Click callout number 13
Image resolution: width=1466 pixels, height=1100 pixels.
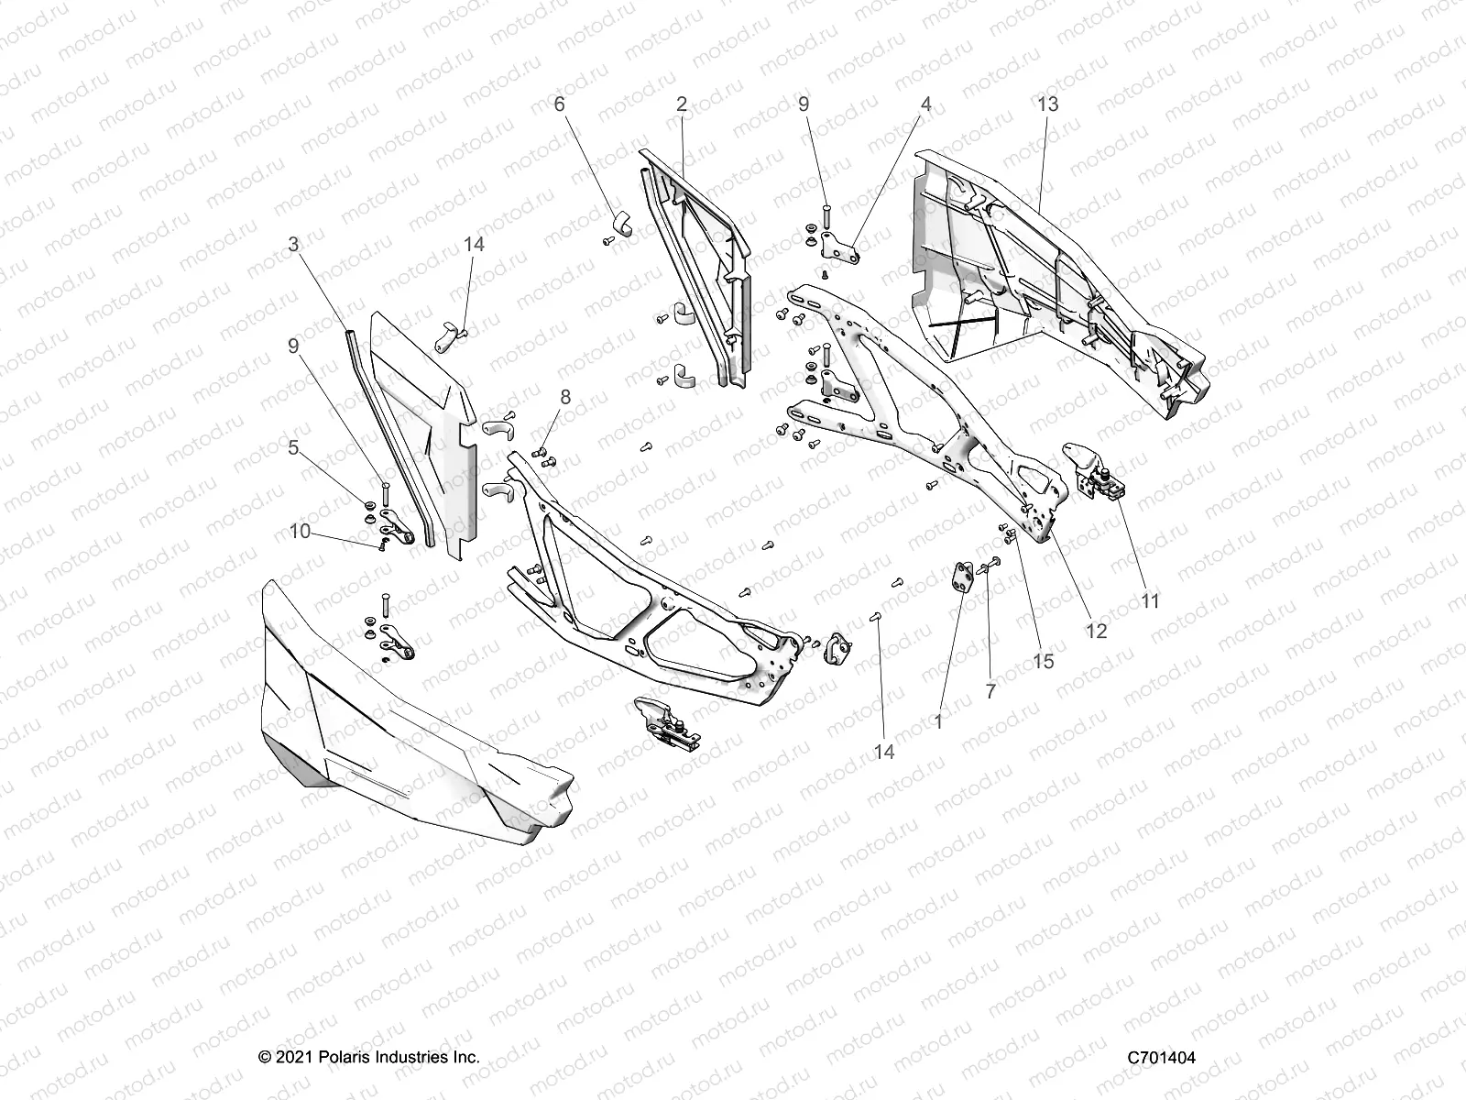(1047, 104)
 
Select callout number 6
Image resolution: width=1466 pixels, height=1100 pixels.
(560, 104)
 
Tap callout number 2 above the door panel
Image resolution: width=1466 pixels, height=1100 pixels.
(681, 104)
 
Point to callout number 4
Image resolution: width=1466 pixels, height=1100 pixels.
(926, 104)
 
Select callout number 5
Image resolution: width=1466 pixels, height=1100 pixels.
(293, 448)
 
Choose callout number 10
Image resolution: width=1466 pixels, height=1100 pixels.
(300, 531)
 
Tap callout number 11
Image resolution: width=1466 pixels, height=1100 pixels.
(1151, 601)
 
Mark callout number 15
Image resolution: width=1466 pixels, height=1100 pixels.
(1044, 661)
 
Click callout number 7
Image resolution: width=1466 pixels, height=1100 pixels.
(990, 692)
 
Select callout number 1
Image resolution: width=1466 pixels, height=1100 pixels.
(937, 722)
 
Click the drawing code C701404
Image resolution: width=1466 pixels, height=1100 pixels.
(1162, 1058)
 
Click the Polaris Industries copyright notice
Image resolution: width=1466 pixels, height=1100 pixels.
(369, 1058)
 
